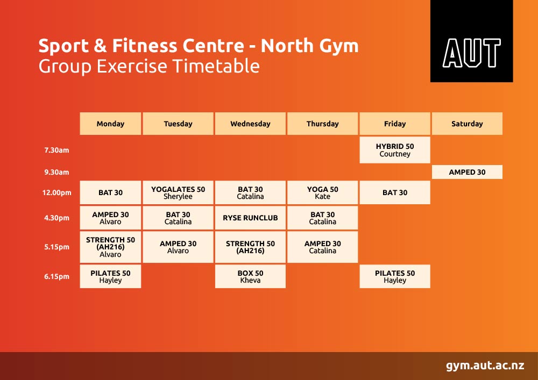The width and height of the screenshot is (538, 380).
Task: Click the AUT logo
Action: pyautogui.click(x=471, y=41)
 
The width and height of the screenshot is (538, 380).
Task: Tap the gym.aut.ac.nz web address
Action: pyautogui.click(x=485, y=365)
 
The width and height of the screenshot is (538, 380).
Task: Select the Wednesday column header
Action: pyautogui.click(x=250, y=124)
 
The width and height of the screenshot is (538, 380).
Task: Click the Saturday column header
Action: pyautogui.click(x=467, y=124)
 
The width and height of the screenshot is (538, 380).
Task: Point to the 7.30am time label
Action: pyautogui.click(x=56, y=150)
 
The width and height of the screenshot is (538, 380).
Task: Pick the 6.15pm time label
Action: pyautogui.click(x=56, y=276)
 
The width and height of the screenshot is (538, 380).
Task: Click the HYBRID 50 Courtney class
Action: pyautogui.click(x=394, y=150)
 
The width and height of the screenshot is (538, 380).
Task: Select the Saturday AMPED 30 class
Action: pyautogui.click(x=467, y=172)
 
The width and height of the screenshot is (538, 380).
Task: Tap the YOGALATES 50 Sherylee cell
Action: pyautogui.click(x=178, y=192)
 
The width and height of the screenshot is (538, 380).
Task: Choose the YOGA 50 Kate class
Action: pyautogui.click(x=322, y=192)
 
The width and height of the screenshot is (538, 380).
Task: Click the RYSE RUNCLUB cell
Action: pyautogui.click(x=250, y=218)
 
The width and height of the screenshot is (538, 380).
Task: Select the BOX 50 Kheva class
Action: pyautogui.click(x=250, y=276)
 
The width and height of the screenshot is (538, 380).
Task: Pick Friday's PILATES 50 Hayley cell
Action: pyautogui.click(x=394, y=276)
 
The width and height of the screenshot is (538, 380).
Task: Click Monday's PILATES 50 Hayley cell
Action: pyautogui.click(x=110, y=276)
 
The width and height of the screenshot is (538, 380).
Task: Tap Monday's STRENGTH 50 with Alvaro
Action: pyautogui.click(x=110, y=247)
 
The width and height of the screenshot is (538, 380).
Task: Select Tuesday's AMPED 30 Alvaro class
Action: pyautogui.click(x=178, y=247)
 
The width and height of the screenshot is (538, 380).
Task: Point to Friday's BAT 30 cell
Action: pyautogui.click(x=394, y=192)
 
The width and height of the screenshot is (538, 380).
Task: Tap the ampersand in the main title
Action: pyautogui.click(x=100, y=46)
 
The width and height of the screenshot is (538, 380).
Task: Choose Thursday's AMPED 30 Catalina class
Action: pyautogui.click(x=322, y=247)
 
